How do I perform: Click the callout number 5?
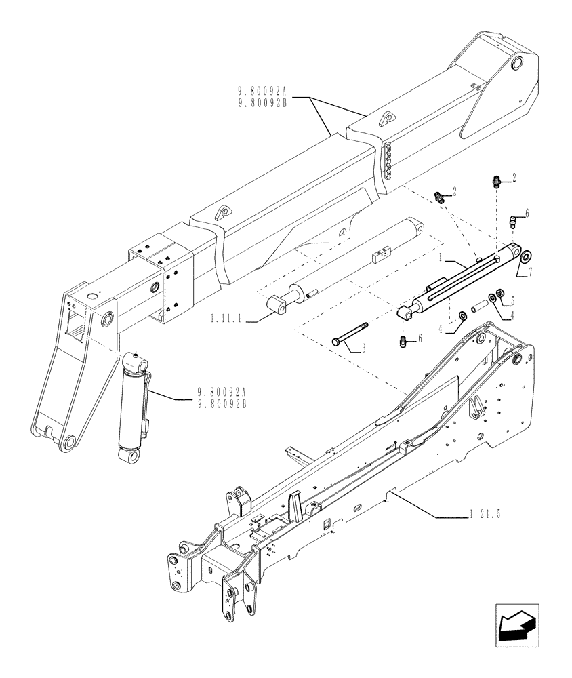[512, 299]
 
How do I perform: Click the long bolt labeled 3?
[350, 334]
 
